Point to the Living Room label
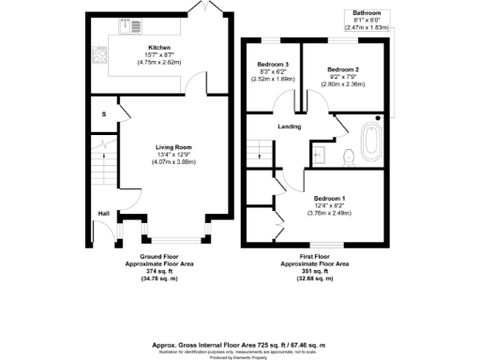click(173, 146)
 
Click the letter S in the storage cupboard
click(104, 113)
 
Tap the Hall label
click(102, 213)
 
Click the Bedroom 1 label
click(328, 198)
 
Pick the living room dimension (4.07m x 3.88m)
click(173, 163)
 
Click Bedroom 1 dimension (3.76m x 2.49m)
click(328, 213)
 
